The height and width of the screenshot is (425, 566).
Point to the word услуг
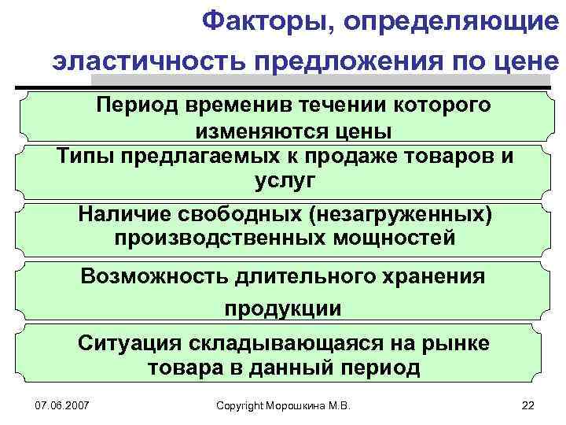tap(284, 180)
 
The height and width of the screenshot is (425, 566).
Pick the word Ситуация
tap(127, 344)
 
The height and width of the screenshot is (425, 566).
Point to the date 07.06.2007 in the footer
tap(62, 405)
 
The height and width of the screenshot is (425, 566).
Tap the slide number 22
tap(527, 405)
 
